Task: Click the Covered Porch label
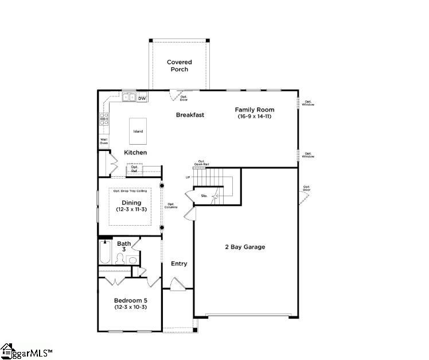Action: tap(179, 65)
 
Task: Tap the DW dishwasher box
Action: tap(142, 98)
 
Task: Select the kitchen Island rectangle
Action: tap(138, 131)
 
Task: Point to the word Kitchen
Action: tap(136, 153)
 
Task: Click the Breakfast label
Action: tap(190, 115)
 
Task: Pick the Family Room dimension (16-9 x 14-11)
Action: tap(254, 117)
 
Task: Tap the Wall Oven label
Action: tap(104, 141)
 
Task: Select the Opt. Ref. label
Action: tap(134, 169)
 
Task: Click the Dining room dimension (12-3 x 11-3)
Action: tap(131, 210)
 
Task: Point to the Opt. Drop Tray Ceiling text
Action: tap(130, 191)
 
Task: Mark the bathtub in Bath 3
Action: tap(104, 254)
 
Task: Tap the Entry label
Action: tap(179, 264)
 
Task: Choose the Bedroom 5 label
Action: tap(131, 300)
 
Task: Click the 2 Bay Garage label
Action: tap(245, 247)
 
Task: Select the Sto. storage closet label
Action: tap(204, 196)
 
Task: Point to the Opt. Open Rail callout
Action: tap(201, 163)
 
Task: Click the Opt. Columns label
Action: tap(171, 206)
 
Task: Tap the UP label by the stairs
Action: tap(188, 177)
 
